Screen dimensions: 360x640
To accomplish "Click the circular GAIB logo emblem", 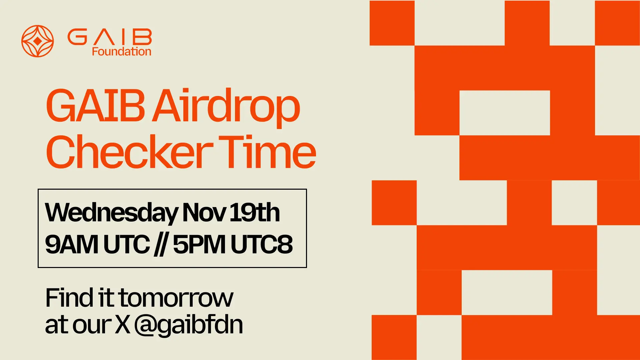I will (38, 41).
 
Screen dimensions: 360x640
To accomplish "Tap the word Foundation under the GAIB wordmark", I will (121, 52).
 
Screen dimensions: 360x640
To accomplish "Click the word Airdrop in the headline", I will (226, 106).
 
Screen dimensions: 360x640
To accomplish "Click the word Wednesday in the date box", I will (111, 213).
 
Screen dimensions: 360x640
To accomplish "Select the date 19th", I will (255, 213).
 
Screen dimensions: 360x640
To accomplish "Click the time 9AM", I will (72, 244).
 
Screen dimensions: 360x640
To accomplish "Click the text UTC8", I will (262, 244).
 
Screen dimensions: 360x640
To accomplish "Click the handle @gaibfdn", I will (189, 325).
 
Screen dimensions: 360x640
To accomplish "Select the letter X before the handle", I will (123, 325).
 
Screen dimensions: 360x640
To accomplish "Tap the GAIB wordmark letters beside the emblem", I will (110, 37).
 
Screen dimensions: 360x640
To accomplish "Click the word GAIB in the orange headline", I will (95, 106).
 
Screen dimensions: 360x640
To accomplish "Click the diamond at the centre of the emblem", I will (38, 41).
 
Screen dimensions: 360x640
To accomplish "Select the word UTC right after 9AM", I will (127, 244).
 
